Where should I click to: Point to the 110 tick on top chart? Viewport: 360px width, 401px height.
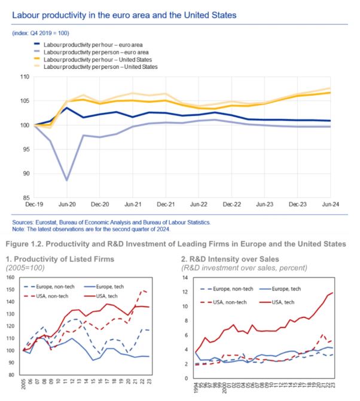[x=25, y=76]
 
